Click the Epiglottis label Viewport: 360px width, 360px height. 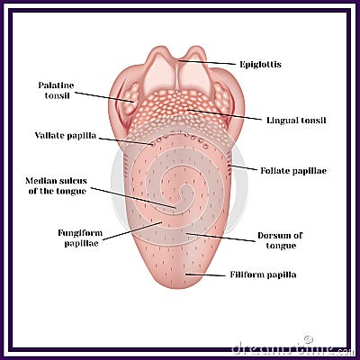[260, 65]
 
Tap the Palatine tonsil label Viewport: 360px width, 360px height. [56, 90]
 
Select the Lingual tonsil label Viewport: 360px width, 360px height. [296, 121]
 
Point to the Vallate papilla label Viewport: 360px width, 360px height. [66, 136]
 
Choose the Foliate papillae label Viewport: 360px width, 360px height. [293, 171]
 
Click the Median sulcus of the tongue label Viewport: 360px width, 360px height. [57, 186]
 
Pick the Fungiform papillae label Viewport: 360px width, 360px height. [80, 238]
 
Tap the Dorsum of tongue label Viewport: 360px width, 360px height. [280, 240]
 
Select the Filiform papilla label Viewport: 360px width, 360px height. [263, 274]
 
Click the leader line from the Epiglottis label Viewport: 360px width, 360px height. [207, 62]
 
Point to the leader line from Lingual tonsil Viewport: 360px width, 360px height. [224, 114]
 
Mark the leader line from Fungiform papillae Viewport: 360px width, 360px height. [132, 231]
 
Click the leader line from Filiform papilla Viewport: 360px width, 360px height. [205, 274]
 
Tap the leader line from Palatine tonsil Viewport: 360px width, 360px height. [104, 97]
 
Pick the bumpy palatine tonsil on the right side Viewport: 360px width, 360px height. [222, 97]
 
